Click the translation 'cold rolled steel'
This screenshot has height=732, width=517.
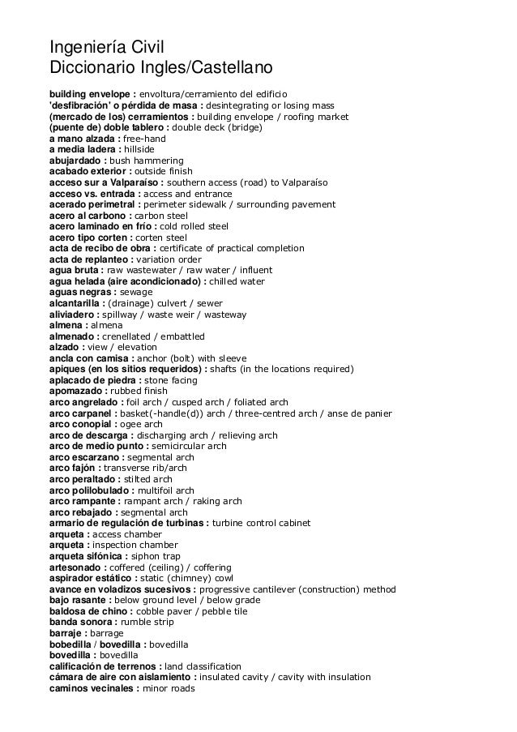(x=195, y=227)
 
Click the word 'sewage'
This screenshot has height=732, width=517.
(x=136, y=293)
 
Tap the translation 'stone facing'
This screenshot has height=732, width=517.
(x=171, y=380)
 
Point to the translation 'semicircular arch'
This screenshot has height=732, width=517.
(x=189, y=446)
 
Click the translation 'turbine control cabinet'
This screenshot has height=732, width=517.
(x=259, y=524)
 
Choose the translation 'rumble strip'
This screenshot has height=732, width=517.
(x=150, y=622)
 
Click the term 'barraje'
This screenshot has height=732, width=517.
(x=67, y=633)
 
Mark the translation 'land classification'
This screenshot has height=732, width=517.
(x=203, y=666)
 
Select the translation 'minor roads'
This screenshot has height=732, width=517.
(x=169, y=688)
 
